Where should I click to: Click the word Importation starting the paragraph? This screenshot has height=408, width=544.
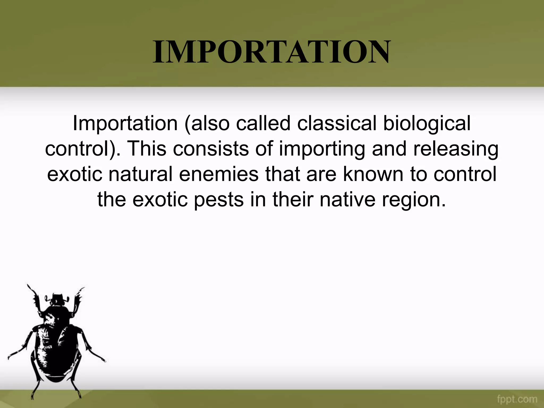[x=125, y=124]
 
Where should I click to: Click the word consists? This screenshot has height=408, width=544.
[x=211, y=149]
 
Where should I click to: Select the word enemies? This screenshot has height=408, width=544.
[x=219, y=174]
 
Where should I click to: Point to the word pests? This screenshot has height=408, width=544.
[x=218, y=200]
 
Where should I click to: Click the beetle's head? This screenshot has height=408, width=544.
[x=57, y=300]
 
